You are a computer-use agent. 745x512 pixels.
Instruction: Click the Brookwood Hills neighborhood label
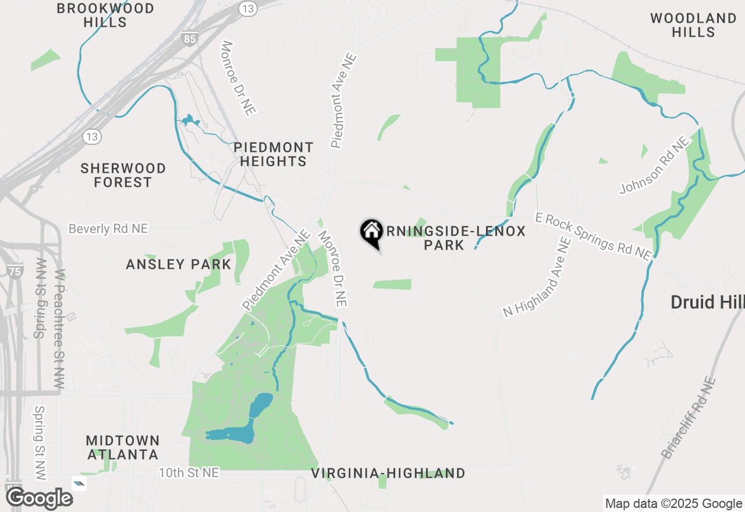[105, 16]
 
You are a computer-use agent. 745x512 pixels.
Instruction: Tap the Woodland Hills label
[693, 25]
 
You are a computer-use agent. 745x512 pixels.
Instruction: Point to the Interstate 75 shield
[15, 271]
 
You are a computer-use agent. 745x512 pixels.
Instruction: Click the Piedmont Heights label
[274, 154]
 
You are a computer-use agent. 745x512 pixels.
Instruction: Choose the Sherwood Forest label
[123, 175]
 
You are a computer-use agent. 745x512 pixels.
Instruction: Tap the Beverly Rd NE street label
[108, 229]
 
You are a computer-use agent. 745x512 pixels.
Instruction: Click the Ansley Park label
[179, 264]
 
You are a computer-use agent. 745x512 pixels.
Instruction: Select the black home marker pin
[371, 233]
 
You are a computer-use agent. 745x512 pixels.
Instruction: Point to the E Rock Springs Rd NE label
[593, 235]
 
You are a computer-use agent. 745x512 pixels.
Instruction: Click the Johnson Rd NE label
[654, 165]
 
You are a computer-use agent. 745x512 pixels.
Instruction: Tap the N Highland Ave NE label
[538, 277]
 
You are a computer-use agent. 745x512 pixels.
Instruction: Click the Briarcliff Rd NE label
[690, 417]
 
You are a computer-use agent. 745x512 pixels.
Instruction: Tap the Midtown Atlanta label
[122, 447]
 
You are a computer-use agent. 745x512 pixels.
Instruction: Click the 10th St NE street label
[189, 472]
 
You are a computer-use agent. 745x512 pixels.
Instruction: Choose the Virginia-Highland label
[388, 473]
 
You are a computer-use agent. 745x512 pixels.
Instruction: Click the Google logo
[39, 499]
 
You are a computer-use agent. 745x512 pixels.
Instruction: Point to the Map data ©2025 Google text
[673, 504]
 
